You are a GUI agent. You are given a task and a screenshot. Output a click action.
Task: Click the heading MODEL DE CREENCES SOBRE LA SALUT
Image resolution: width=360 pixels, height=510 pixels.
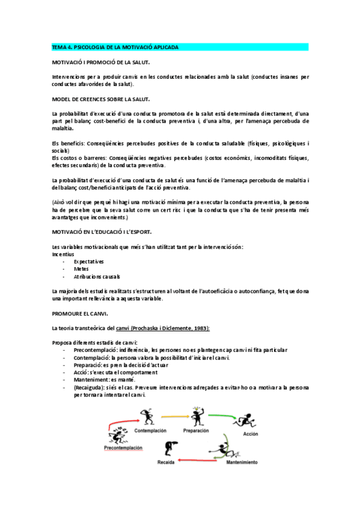[x=101, y=99]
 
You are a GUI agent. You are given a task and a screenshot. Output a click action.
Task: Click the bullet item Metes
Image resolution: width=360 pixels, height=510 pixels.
[x=81, y=269]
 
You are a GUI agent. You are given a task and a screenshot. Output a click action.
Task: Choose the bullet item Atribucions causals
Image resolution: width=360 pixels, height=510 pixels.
[x=96, y=277]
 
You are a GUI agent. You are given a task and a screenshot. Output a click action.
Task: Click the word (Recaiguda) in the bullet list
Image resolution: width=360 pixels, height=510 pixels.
[x=90, y=387]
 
